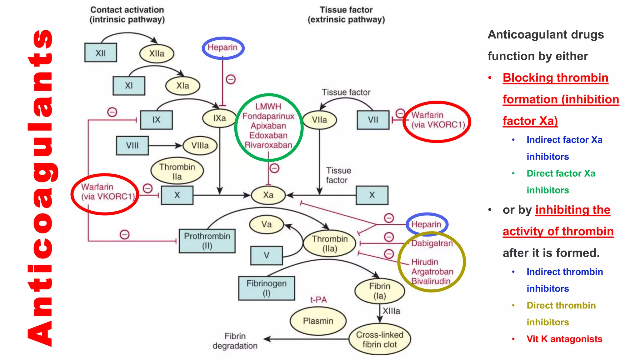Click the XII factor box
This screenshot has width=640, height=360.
tap(101, 52)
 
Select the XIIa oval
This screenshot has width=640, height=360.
tap(157, 54)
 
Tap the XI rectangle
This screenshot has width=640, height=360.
tap(129, 86)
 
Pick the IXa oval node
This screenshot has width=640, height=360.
tap(219, 118)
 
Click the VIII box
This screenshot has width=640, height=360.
tap(132, 145)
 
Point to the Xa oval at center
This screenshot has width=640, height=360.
tap(268, 195)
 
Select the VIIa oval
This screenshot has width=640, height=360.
tap(319, 120)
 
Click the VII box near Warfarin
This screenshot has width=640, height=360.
tap(373, 120)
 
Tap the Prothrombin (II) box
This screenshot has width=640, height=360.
tap(207, 241)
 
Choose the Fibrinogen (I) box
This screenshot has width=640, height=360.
tap(266, 288)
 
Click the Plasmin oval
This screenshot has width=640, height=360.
tap(318, 321)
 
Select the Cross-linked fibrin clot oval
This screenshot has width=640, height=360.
tap(379, 339)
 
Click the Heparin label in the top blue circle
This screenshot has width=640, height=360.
tap(222, 47)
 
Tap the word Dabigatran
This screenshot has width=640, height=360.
tap(432, 243)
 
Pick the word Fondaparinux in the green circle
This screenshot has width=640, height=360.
tap(268, 116)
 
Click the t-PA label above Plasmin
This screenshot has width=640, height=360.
tap(318, 300)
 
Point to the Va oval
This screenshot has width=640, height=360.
tap(266, 224)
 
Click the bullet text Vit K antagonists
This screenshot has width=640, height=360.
tap(564, 339)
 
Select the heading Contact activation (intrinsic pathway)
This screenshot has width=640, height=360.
tap(127, 15)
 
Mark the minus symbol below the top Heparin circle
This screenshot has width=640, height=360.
tap(231, 79)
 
